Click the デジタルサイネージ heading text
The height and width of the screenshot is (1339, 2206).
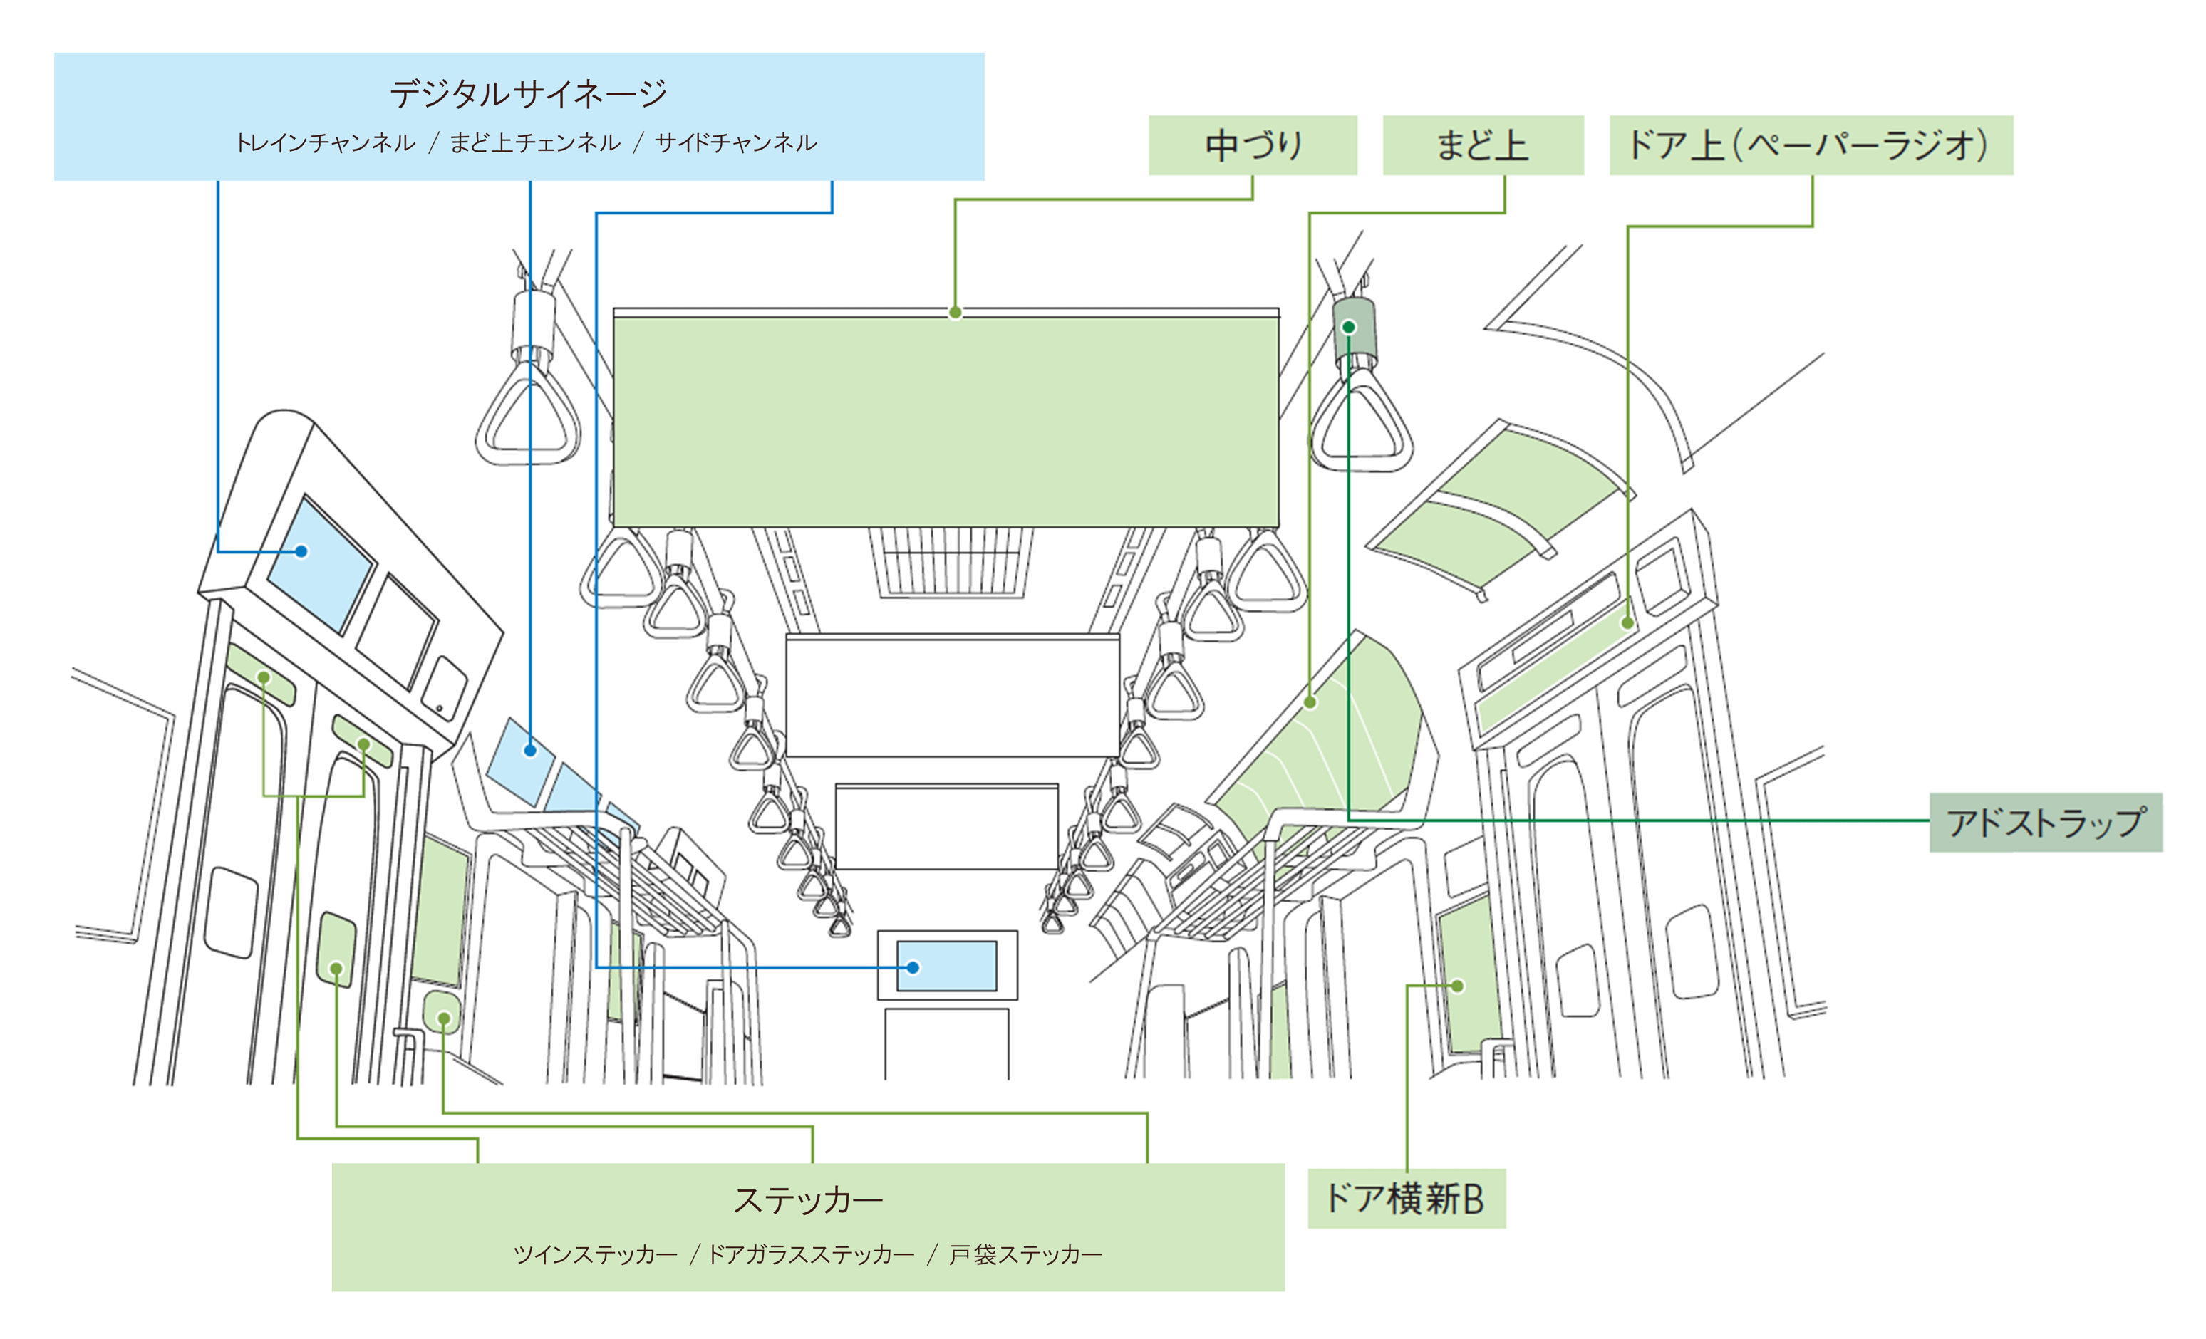(528, 93)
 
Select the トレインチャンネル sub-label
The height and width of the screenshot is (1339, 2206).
(325, 142)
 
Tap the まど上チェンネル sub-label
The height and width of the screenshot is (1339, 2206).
(534, 142)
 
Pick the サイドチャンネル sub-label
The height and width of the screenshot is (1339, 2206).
(735, 142)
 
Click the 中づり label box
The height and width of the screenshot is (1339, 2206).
(1252, 145)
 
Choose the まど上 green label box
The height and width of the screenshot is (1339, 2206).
(1483, 145)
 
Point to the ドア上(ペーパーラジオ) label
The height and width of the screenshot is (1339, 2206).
(1811, 145)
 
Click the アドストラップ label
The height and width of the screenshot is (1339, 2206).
(2045, 822)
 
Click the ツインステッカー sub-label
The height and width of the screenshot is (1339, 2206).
(596, 1254)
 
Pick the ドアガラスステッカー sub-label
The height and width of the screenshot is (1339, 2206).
(811, 1254)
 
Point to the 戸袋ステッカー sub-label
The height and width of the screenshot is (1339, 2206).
(1025, 1254)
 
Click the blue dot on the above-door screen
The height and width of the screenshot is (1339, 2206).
(301, 551)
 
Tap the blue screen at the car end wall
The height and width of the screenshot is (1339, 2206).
(946, 965)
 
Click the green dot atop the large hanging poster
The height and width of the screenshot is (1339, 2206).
(956, 313)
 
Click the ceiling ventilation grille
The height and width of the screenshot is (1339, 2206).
(951, 561)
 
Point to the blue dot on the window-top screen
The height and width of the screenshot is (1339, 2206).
(530, 750)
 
